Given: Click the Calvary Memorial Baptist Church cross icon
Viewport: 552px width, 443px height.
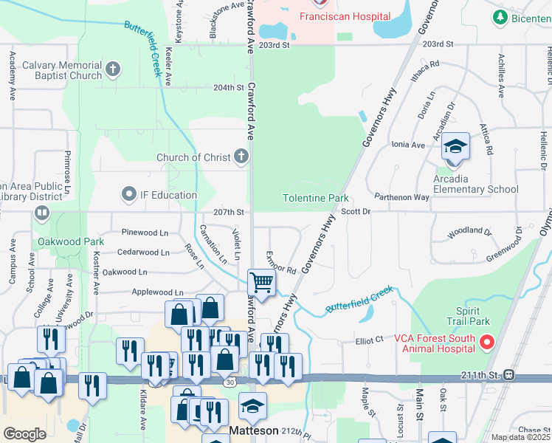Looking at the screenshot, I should (x=113, y=70).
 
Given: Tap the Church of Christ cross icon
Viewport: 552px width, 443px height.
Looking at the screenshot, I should (x=241, y=157).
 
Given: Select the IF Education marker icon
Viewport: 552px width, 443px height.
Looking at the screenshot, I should (x=130, y=195).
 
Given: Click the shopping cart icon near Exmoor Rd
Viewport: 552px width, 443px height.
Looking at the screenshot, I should (x=262, y=281).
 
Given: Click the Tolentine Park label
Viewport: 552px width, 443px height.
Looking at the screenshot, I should (x=315, y=199).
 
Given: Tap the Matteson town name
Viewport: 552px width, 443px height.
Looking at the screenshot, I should (x=253, y=430).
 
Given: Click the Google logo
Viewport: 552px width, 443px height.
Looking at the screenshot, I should (x=24, y=434).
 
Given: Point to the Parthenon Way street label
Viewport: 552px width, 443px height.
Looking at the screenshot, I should (x=401, y=197).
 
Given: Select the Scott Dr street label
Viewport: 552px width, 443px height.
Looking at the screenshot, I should (x=355, y=212).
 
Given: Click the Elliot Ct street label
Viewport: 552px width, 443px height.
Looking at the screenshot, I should (x=370, y=340).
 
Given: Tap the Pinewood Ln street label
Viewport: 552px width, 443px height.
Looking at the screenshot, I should (x=145, y=233).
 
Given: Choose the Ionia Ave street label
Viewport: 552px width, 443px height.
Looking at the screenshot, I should (x=407, y=145).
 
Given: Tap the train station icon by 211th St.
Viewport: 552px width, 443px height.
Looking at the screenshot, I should (x=508, y=374).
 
